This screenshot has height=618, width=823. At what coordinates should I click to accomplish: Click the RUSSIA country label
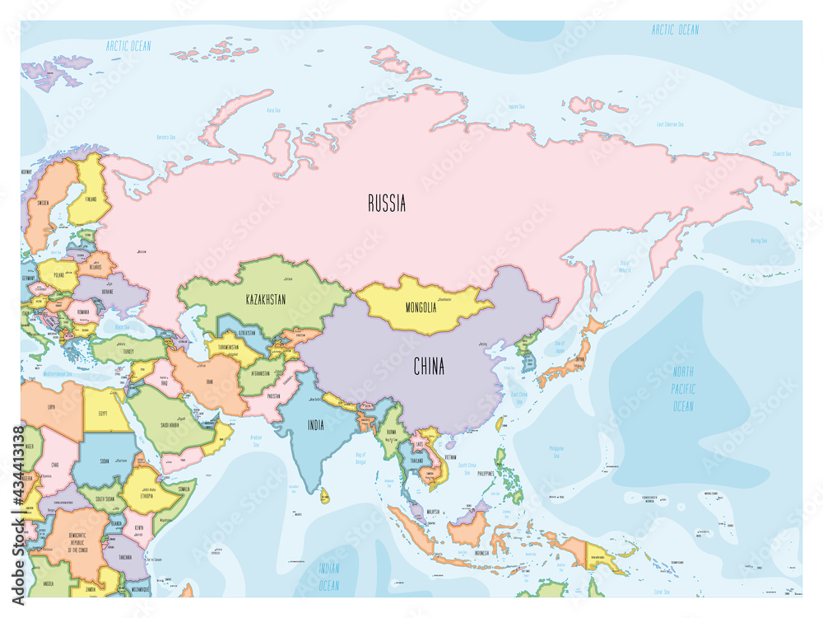(x=386, y=204)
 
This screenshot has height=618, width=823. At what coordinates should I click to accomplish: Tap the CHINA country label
(x=429, y=367)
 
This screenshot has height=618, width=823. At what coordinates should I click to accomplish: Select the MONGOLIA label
(x=421, y=308)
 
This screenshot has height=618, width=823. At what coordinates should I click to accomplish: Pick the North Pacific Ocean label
(x=683, y=389)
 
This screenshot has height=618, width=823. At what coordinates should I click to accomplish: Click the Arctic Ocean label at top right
(x=675, y=30)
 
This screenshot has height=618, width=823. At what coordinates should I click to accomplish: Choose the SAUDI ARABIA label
(x=171, y=425)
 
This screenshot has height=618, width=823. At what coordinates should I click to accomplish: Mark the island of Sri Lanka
(x=324, y=496)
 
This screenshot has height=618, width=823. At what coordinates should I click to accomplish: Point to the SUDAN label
(x=105, y=461)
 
